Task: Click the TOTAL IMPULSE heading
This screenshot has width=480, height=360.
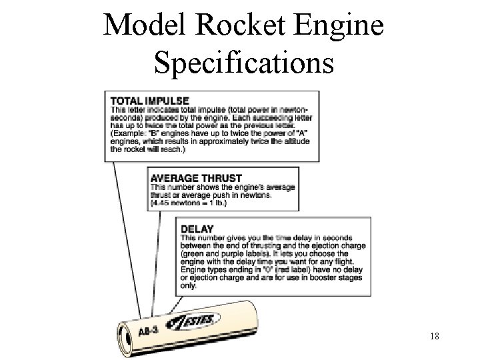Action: click(x=149, y=101)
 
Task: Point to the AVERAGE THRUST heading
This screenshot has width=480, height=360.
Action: click(x=196, y=178)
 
